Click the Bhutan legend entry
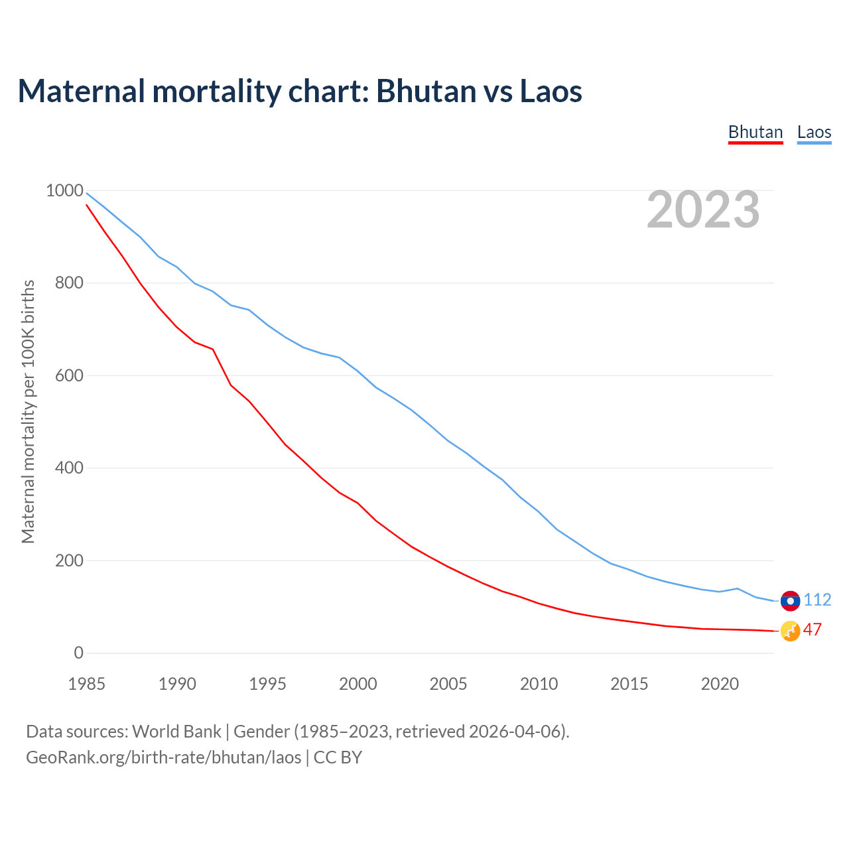[x=755, y=132]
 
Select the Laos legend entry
[x=814, y=132]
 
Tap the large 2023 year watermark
[x=703, y=210]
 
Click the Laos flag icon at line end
[x=790, y=600]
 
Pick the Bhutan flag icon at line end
[x=790, y=631]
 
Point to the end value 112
[x=817, y=600]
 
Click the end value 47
[x=813, y=630]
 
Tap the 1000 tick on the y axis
[x=64, y=191]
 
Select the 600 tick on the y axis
[x=69, y=375]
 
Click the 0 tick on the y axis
[x=79, y=653]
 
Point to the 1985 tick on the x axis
[x=87, y=684]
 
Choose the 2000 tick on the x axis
[x=358, y=684]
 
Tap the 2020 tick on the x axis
[x=720, y=684]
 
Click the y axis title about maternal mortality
[x=28, y=411]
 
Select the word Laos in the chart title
[x=551, y=91]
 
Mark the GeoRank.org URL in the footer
[x=163, y=757]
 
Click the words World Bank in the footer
[x=176, y=732]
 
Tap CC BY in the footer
[x=338, y=757]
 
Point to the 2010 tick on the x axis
[x=539, y=684]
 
